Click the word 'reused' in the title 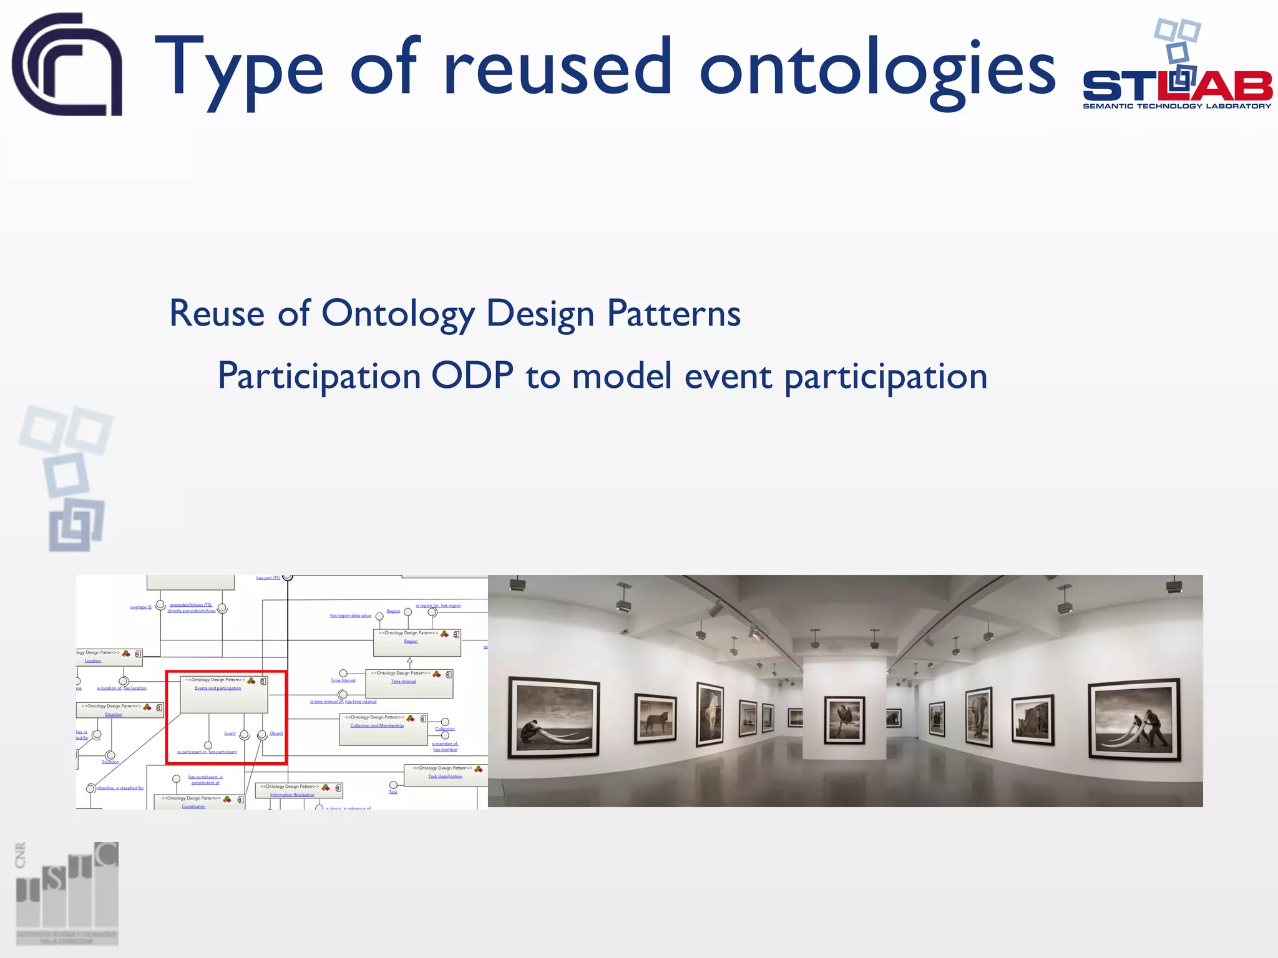tap(557, 67)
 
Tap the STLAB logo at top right tap(1176, 69)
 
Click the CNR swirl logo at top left tap(67, 64)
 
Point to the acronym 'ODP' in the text tap(472, 376)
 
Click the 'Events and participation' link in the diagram tap(217, 689)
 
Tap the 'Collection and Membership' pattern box tap(383, 730)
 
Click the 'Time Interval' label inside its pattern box tap(403, 682)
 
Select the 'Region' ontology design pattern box tap(416, 642)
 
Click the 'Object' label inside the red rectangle tap(276, 733)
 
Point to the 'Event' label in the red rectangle tap(230, 733)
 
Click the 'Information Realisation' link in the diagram tap(292, 795)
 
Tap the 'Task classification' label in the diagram tap(445, 777)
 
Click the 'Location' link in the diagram tap(93, 661)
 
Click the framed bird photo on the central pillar tap(844, 720)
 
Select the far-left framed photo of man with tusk tap(554, 718)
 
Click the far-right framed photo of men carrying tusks tap(1134, 719)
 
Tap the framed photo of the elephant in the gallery tap(978, 717)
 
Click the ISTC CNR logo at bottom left tap(67, 894)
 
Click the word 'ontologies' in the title tap(877, 70)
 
